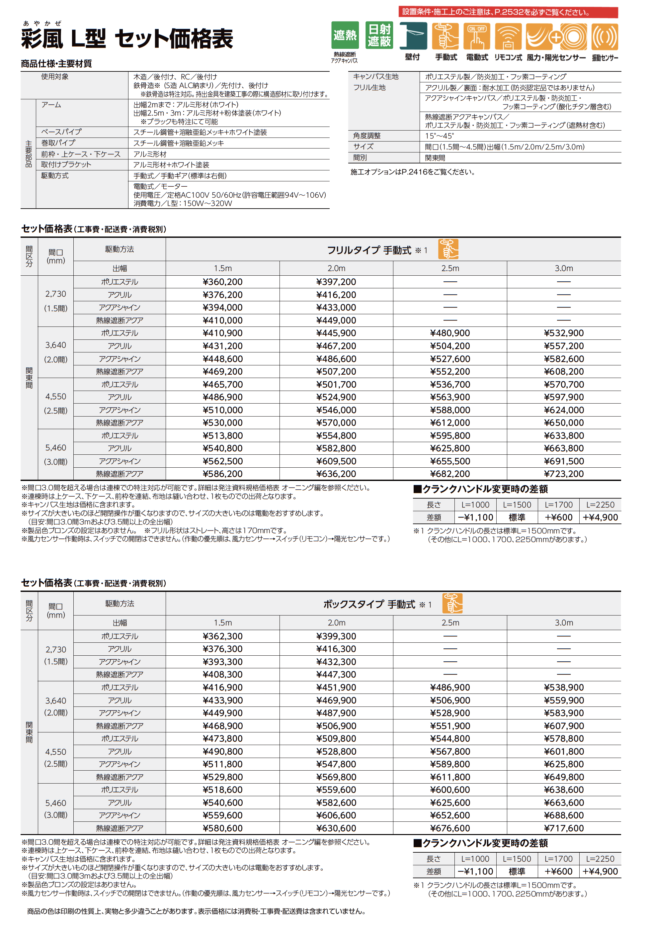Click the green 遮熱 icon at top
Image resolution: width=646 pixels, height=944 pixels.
345,35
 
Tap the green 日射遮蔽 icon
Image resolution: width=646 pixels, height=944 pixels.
379,35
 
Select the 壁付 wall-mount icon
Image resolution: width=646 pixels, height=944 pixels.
413,36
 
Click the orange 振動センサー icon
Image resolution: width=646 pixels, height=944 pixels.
605,37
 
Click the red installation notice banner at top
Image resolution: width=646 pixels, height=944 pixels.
508,12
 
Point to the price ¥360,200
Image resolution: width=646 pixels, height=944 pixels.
222,282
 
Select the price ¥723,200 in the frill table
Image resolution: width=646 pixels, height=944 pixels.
564,474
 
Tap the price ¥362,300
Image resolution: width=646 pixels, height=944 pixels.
222,636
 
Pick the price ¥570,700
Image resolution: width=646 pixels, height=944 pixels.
564,384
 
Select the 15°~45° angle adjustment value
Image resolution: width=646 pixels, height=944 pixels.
439,136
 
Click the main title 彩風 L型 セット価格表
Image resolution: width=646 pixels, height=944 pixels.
127,39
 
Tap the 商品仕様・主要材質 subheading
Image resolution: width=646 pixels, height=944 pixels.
56,64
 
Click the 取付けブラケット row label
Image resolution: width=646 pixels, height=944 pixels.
66,164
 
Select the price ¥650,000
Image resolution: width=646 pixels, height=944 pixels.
564,423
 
